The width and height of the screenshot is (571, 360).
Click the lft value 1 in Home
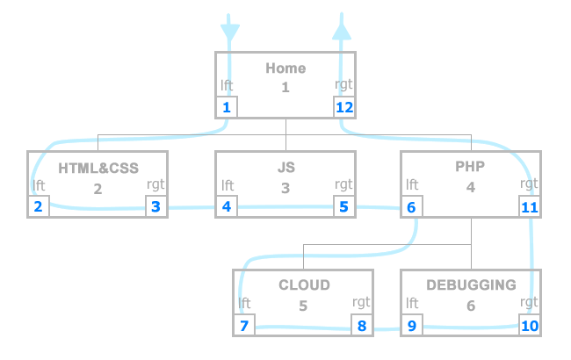pos(227,108)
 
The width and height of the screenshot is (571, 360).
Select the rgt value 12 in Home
pos(344,108)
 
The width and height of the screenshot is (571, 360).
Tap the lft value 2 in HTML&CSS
pos(38,207)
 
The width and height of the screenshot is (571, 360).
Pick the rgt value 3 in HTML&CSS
pos(156,207)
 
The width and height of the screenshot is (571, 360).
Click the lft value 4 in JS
pos(227,207)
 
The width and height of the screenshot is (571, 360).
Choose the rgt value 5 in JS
pos(344,207)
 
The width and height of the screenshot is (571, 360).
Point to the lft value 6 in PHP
pos(411,207)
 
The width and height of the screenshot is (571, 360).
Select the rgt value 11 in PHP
pos(529,207)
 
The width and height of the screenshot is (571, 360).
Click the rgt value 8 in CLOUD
pos(362,326)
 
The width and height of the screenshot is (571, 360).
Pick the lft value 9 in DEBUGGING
pos(411,326)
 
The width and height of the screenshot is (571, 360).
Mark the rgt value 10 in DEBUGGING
pos(529,326)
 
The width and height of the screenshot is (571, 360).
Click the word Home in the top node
pos(285,68)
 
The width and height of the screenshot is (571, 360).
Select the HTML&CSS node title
pos(98,166)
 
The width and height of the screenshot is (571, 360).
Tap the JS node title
pos(285,166)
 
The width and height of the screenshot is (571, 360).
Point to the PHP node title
pos(471,166)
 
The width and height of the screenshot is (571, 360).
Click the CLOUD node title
pos(304,284)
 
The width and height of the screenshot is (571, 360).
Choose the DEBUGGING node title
pos(471,284)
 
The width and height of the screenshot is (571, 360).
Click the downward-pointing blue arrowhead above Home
pos(228,32)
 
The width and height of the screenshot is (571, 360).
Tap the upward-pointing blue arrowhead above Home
pos(342,30)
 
